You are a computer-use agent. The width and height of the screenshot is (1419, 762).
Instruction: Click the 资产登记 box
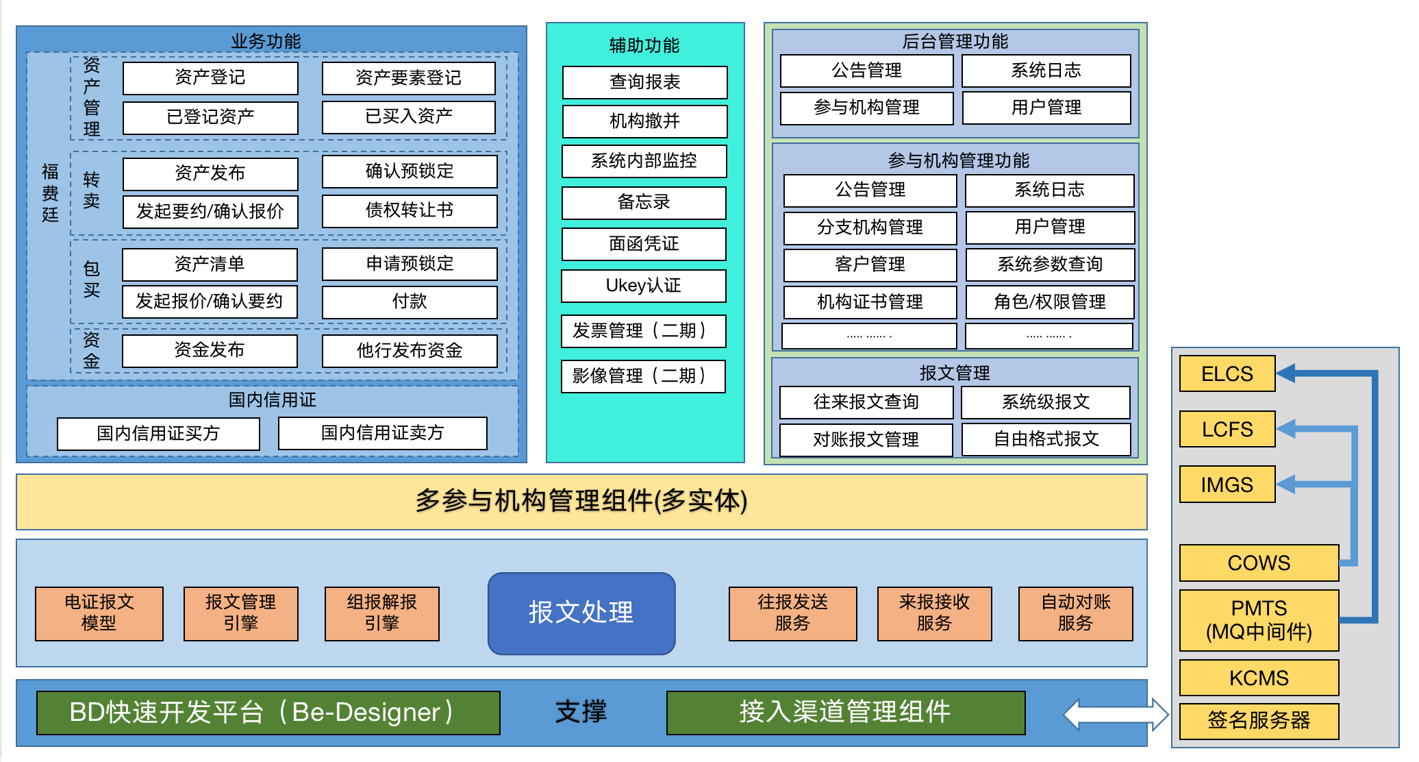(210, 78)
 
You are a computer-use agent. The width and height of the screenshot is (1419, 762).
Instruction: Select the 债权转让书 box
(410, 211)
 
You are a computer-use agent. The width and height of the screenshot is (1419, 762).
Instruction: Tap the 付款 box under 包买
(410, 302)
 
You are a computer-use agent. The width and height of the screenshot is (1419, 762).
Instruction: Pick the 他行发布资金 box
(410, 351)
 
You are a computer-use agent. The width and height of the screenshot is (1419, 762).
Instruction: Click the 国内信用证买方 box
(158, 434)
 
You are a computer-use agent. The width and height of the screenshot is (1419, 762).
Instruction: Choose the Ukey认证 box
(643, 286)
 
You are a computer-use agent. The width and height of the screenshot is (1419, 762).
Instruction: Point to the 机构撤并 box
(644, 121)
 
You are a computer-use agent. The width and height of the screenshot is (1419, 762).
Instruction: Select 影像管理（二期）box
(643, 376)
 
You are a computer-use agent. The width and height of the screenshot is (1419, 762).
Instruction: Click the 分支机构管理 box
(870, 228)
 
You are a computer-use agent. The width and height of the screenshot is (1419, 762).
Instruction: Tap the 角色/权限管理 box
(1049, 302)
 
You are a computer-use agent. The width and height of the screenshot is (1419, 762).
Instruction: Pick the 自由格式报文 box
(1046, 439)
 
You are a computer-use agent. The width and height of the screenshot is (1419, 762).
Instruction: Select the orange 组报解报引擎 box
(381, 613)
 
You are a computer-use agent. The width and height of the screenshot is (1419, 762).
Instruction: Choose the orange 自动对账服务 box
(1075, 613)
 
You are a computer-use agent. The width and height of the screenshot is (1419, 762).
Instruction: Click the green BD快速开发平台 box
(268, 713)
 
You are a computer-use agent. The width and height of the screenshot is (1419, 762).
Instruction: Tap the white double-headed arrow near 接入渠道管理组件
(1116, 715)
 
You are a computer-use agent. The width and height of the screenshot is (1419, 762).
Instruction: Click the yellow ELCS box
(1227, 374)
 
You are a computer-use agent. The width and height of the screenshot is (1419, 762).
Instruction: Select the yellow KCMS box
(1259, 678)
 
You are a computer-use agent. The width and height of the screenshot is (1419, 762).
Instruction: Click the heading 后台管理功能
(955, 42)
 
